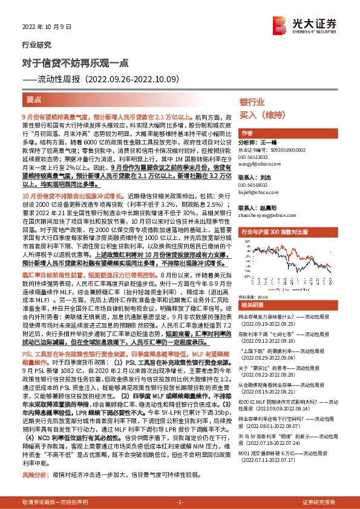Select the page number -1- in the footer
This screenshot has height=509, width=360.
click(x=179, y=502)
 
